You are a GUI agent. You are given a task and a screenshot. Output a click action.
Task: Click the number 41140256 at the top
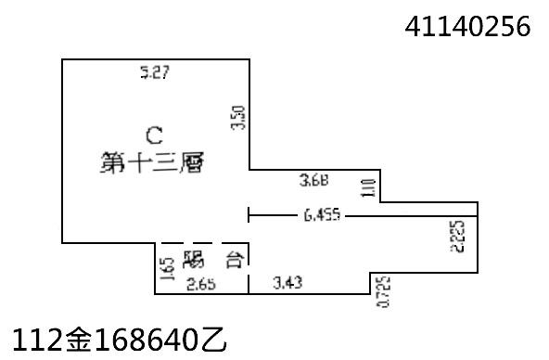coord(467,28)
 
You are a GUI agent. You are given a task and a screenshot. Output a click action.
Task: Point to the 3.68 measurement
coord(314,179)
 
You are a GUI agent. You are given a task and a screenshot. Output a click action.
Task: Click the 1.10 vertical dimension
coord(367,186)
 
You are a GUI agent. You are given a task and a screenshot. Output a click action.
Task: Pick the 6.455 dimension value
coord(322,215)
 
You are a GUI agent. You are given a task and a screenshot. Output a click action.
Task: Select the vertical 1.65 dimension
coord(165,269)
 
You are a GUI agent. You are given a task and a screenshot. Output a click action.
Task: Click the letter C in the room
coord(154,133)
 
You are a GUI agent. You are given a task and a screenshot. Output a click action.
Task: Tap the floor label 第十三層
coord(151,162)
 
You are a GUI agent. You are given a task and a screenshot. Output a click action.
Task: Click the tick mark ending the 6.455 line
coord(249,215)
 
